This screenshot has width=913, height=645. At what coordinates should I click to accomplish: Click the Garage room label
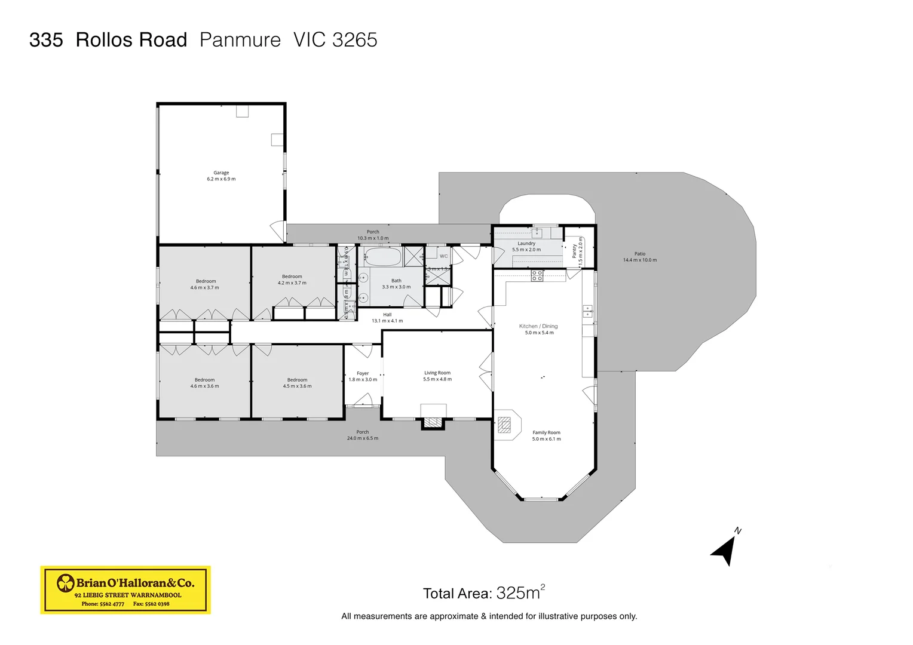tap(221, 176)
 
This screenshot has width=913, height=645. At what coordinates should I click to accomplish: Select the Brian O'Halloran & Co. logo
tap(125, 589)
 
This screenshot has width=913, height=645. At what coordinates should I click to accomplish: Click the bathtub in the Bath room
tap(382, 257)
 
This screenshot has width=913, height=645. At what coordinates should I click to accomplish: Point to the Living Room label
tap(437, 376)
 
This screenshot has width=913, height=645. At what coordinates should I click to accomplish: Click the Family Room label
tap(546, 435)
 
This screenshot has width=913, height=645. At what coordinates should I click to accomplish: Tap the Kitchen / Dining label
tap(538, 329)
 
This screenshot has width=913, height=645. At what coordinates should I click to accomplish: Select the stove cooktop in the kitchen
tap(537, 275)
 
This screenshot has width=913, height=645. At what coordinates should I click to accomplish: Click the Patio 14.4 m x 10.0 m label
tap(639, 257)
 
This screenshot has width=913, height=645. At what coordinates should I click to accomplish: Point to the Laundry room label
tap(526, 247)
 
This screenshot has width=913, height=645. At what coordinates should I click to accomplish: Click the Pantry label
tap(577, 251)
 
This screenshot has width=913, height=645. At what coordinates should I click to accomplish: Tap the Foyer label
tap(363, 376)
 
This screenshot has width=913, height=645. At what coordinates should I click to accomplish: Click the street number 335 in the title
tap(46, 40)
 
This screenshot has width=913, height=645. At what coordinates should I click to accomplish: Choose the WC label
tap(443, 256)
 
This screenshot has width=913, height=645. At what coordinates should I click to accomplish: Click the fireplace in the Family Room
tap(505, 425)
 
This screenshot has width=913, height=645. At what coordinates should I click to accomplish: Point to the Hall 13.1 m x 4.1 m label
tap(387, 318)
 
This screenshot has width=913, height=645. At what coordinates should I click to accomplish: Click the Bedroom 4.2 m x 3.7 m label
tap(292, 279)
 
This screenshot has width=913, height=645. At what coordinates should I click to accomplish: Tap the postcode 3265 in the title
tap(355, 40)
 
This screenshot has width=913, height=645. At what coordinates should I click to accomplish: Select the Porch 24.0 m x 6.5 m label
tap(362, 435)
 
